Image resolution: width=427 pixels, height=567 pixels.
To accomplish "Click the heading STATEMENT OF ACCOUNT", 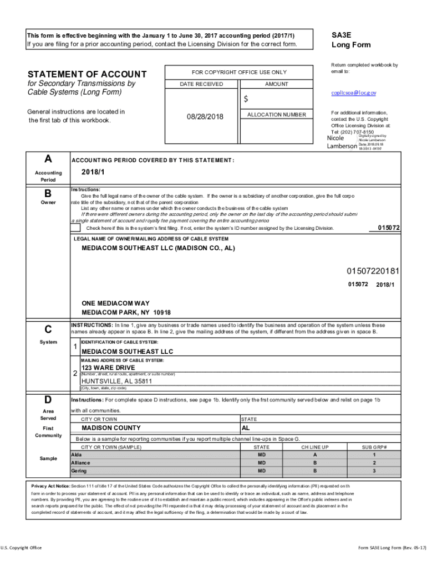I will [87, 74].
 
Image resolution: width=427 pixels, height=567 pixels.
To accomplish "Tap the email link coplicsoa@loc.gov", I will [354, 93].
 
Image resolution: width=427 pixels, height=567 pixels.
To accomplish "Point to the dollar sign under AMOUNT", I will [246, 99].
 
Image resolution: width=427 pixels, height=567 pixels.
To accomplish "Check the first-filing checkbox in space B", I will [75, 228].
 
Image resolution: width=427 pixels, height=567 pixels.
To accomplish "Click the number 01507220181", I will [373, 271].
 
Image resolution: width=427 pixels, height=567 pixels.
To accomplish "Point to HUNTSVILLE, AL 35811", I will [116, 381].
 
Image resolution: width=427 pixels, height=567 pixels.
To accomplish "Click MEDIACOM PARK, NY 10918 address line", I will [126, 312].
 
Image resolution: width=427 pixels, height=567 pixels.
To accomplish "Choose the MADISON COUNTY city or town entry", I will [111, 428].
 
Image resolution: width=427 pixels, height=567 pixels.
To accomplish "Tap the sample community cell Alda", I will [77, 454].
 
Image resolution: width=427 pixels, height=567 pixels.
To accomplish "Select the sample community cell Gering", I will [79, 471].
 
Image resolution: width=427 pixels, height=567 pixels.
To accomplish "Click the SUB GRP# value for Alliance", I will [374, 462].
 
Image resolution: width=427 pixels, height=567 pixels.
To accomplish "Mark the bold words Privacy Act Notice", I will [50, 486].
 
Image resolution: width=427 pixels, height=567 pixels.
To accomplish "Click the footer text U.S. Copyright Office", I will [22, 548].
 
